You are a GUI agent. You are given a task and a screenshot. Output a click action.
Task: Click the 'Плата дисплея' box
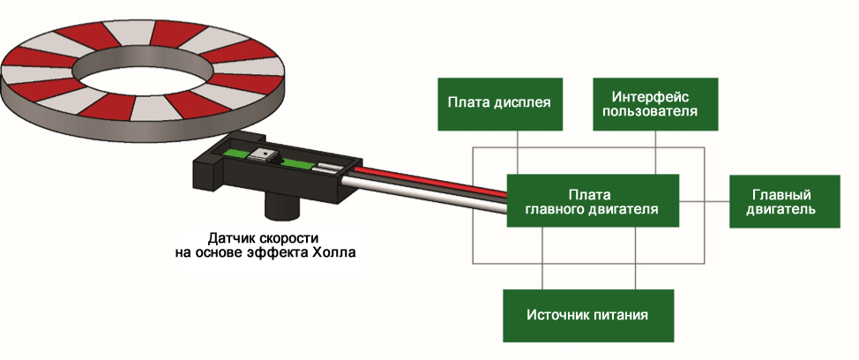[x=499, y=102]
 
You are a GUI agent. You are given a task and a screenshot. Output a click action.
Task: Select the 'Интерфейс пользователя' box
[x=654, y=102]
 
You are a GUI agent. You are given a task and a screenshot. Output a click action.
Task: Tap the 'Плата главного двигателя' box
[x=592, y=200]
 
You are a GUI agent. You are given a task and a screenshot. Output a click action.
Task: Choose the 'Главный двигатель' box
[x=781, y=200]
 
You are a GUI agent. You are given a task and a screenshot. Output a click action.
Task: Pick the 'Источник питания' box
[x=587, y=315]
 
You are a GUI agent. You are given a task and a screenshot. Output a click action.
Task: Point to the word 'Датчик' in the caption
[x=230, y=238]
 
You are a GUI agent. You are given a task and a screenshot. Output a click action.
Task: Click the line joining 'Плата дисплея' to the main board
[x=517, y=151]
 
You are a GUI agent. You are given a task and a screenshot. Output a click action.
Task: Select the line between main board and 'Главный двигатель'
[x=704, y=201]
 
